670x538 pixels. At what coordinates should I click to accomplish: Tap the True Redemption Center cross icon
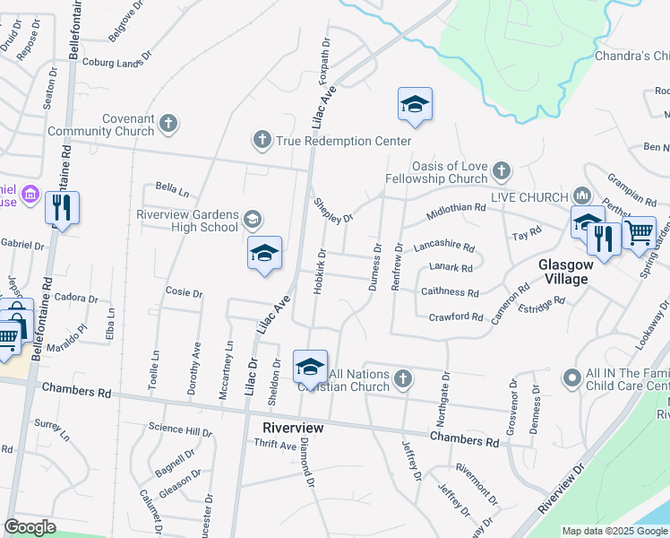pos(262,139)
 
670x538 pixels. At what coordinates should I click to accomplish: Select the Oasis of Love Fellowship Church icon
pos(501,169)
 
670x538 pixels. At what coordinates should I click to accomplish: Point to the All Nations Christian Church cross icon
pos(403,378)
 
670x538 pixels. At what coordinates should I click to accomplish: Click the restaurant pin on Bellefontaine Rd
pos(62,208)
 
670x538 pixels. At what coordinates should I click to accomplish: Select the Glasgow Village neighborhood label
pos(563,272)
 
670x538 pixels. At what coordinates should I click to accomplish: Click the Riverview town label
pos(293,429)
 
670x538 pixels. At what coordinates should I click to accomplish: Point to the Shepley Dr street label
pos(334,212)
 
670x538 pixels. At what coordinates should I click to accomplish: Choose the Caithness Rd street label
pos(451,292)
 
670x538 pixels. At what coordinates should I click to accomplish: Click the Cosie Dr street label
pos(185,292)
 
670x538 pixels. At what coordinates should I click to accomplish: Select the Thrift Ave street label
pos(275,445)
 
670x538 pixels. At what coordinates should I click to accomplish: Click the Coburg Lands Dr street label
pos(112,62)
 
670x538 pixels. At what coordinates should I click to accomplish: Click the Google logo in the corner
pos(30,527)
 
